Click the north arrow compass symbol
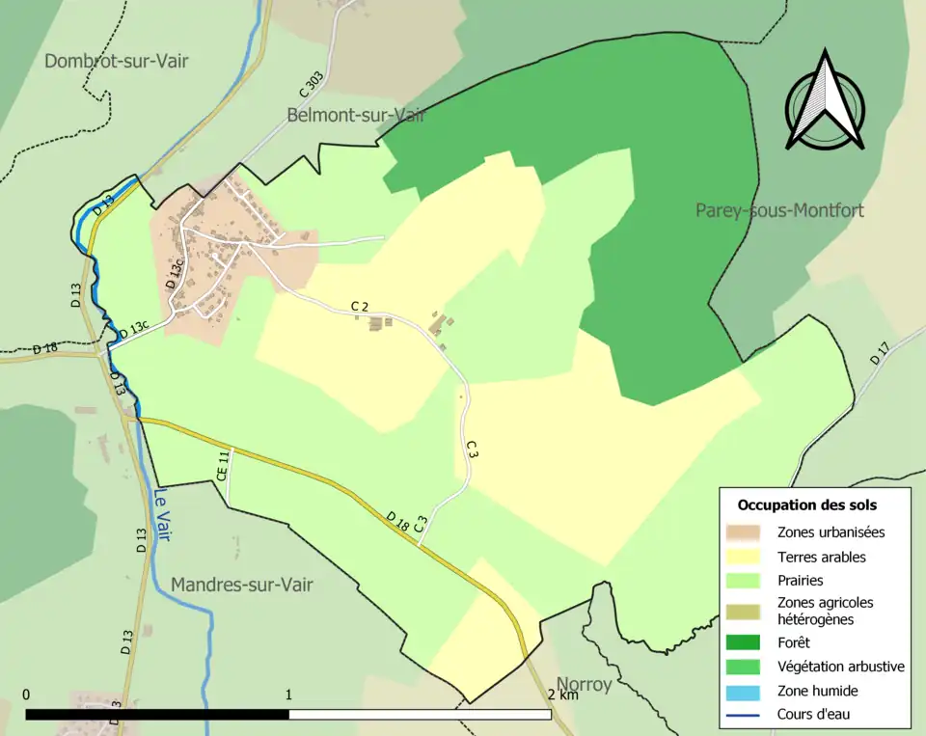824,101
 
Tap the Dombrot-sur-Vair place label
116,62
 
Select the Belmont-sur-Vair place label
356,115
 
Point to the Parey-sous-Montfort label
779,210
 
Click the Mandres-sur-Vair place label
241,585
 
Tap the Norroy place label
583,686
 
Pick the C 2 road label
360,306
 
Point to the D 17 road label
879,353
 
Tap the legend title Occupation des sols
806,504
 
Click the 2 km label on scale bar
563,695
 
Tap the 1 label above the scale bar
289,695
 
